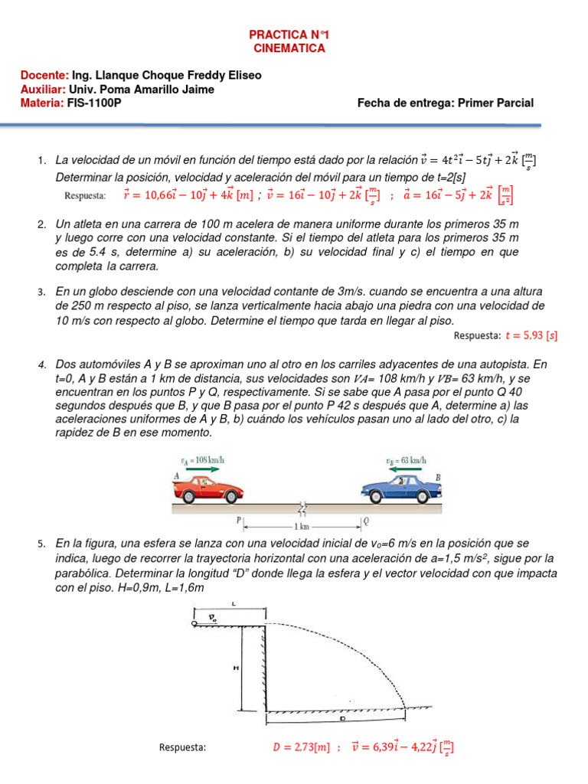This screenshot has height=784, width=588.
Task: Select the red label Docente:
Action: (x=44, y=76)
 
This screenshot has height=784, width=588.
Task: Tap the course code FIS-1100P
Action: (x=95, y=103)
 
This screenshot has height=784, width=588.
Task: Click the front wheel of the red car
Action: (x=233, y=498)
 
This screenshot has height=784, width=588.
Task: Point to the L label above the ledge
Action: (x=233, y=605)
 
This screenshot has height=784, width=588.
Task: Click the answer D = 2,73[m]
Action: (x=301, y=746)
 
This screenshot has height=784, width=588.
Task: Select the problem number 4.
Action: (x=42, y=364)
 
